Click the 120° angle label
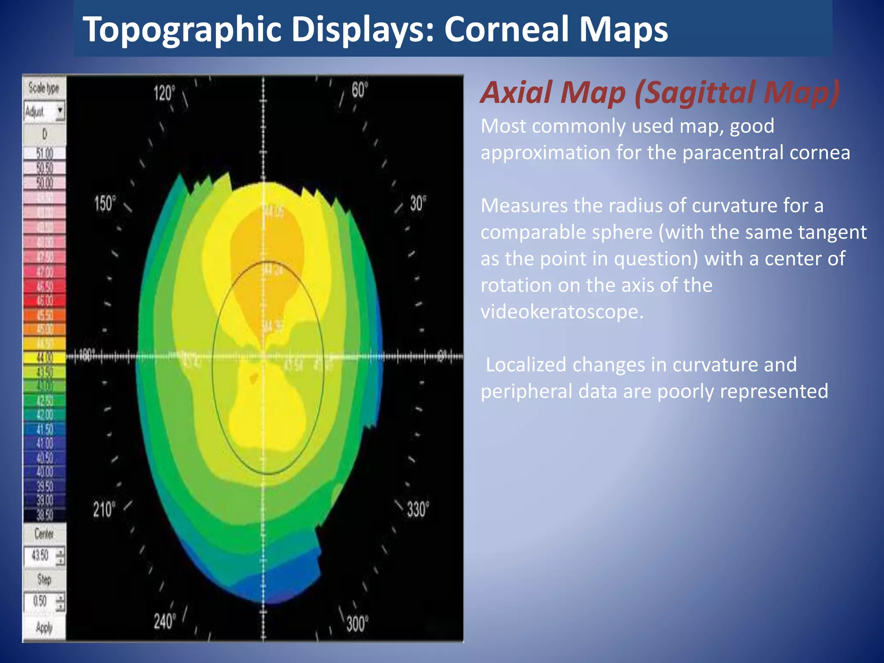(164, 93)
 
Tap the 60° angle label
(359, 90)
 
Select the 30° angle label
(417, 203)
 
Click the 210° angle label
(104, 509)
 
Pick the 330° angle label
(418, 509)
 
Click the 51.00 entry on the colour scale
(44, 153)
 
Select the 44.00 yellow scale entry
(44, 358)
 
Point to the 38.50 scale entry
(44, 515)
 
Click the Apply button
(44, 627)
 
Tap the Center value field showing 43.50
(40, 555)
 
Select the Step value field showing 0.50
(40, 601)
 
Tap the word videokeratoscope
(562, 312)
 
